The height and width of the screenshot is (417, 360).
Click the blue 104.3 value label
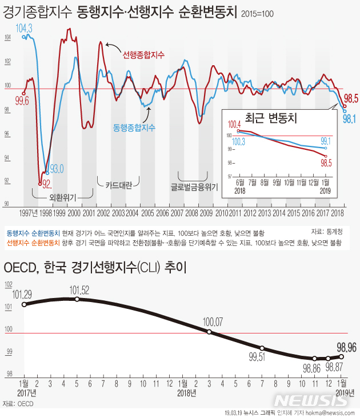pos(24,27)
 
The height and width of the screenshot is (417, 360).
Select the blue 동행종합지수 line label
pos(134,125)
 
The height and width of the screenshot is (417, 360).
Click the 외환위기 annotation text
pos(63,197)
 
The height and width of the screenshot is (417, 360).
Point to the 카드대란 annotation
pos(119,185)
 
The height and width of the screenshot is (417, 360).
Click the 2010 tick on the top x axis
pos(221,213)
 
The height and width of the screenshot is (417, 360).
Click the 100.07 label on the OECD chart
pos(213,322)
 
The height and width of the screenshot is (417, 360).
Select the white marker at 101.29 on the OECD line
pos(24,304)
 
